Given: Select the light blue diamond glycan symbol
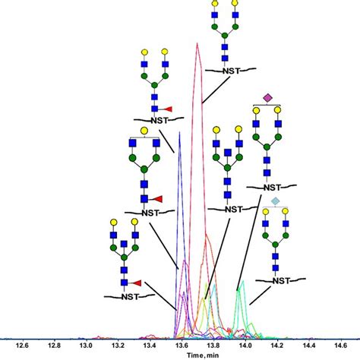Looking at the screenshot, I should (x=276, y=200).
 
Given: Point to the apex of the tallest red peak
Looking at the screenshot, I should (x=197, y=43).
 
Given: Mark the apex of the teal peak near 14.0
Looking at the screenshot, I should (x=242, y=283).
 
